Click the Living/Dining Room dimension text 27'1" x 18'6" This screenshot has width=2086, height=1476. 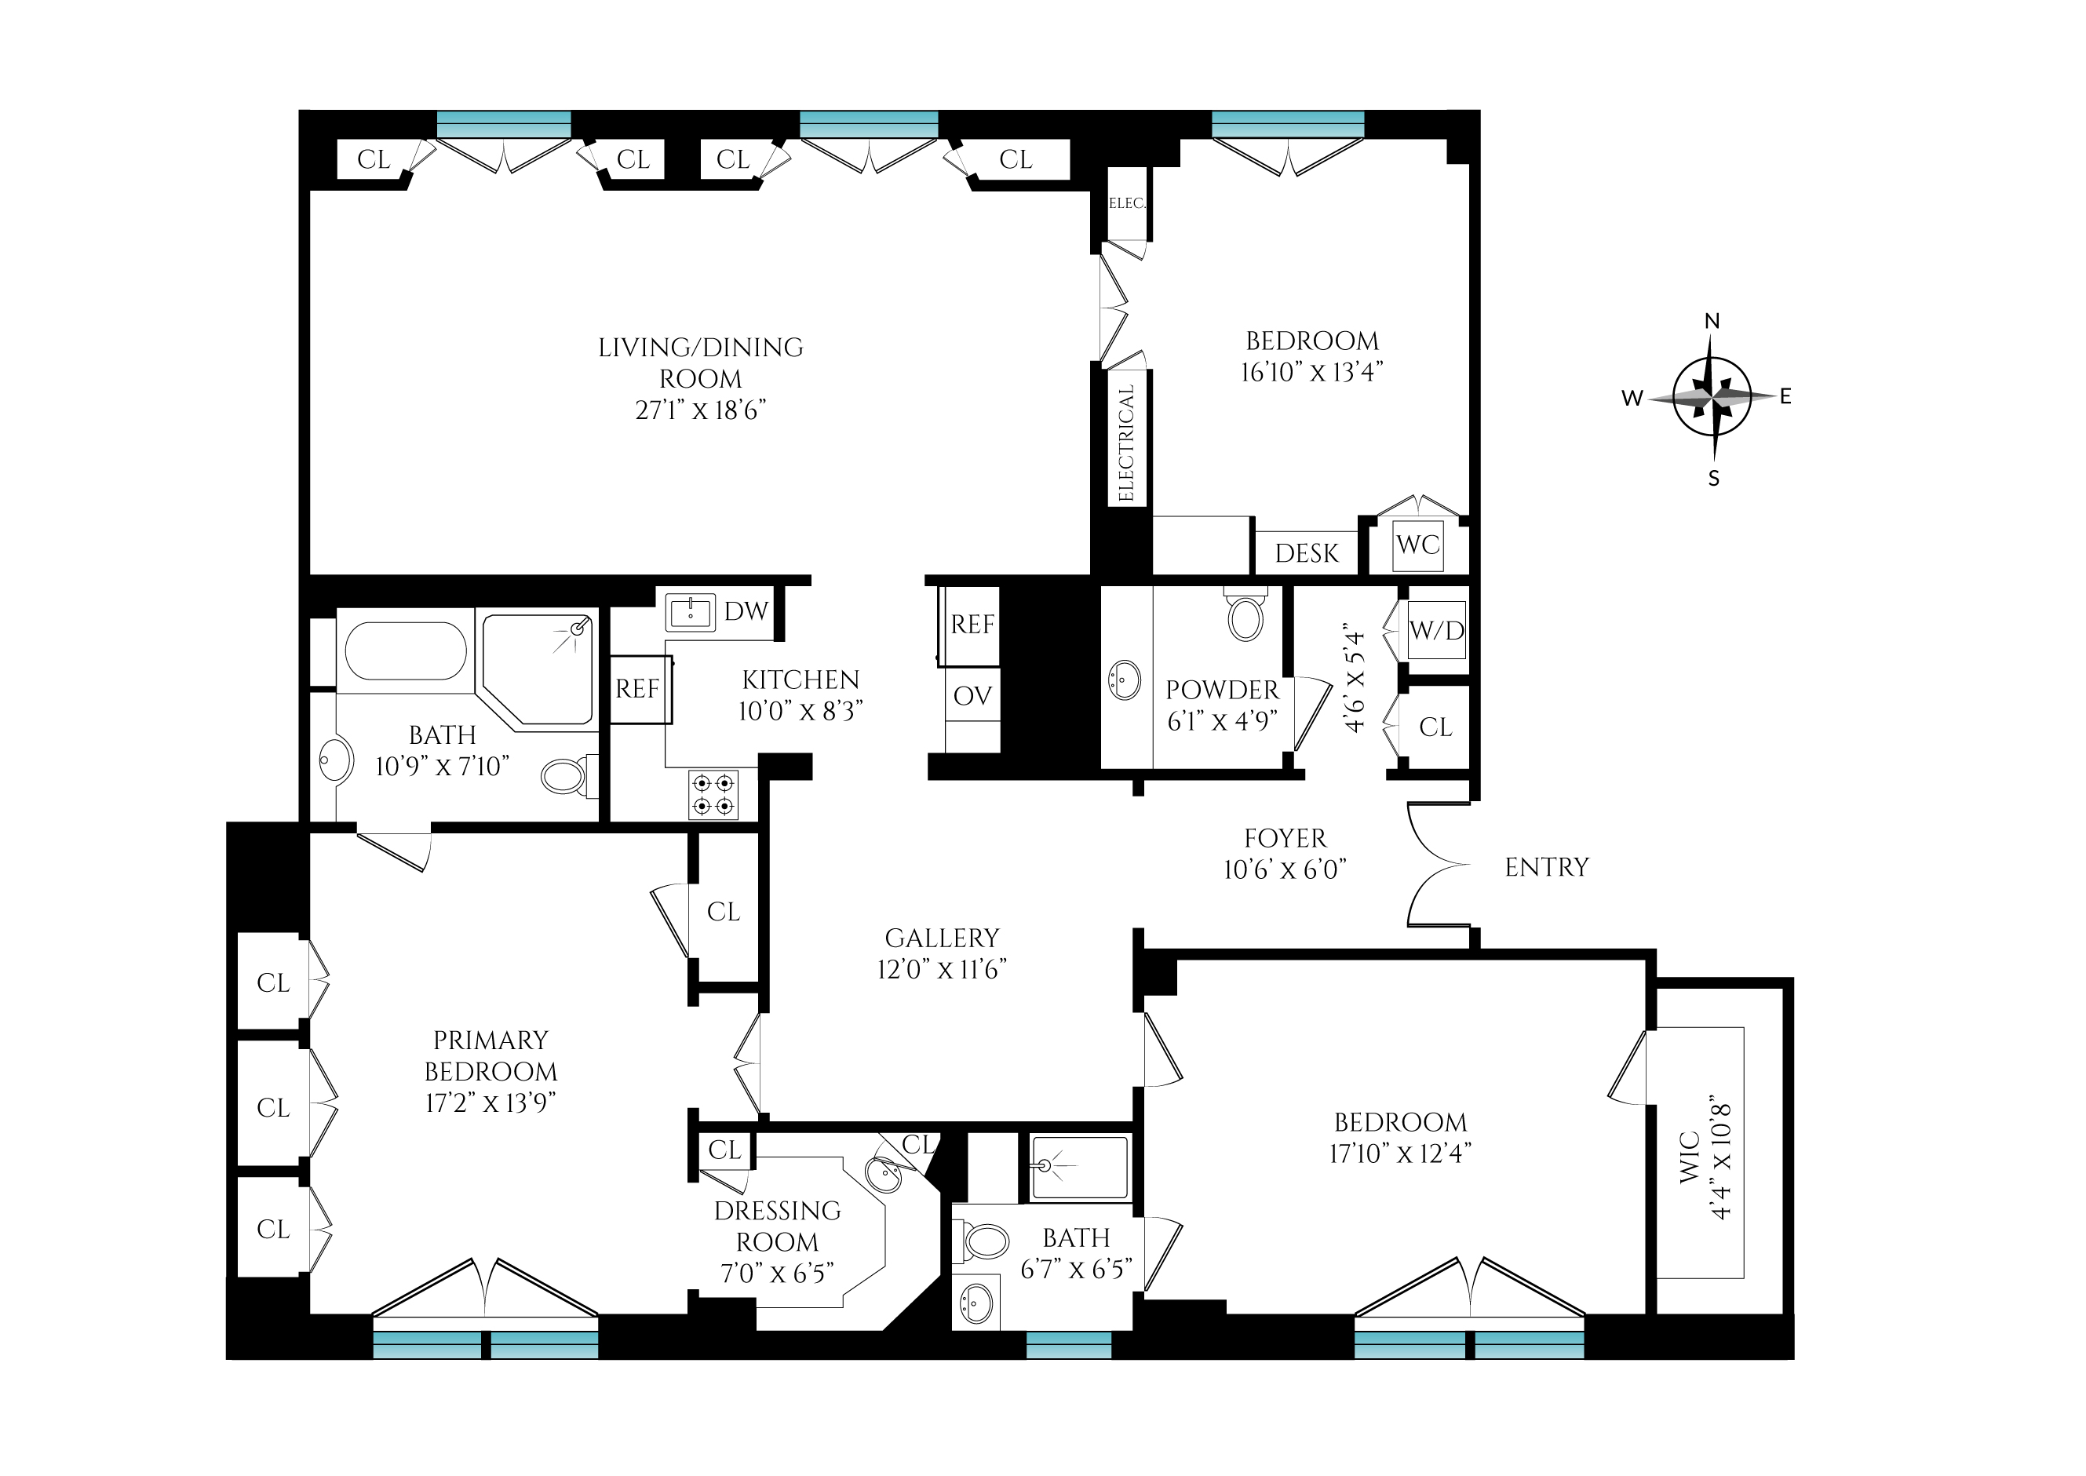tap(700, 411)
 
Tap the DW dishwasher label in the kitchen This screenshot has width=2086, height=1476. tap(746, 612)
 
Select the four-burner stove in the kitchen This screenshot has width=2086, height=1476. tap(713, 793)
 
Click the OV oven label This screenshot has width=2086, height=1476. tap(972, 696)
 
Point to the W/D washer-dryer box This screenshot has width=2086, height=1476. tap(1437, 630)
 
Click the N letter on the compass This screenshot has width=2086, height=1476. tap(1712, 321)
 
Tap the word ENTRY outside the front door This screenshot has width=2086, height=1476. tap(1547, 868)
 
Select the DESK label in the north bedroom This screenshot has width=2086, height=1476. tap(1307, 553)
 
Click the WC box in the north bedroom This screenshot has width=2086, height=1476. tap(1418, 545)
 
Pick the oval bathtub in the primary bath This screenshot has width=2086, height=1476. tap(407, 651)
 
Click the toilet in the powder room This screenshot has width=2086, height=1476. tap(1245, 614)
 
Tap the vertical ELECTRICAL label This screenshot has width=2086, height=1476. tap(1127, 443)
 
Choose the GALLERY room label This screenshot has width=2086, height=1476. tap(943, 938)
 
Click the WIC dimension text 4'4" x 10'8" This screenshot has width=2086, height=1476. tap(1720, 1161)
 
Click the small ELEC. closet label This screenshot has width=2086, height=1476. tap(1127, 203)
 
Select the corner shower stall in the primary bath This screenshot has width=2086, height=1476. tap(538, 670)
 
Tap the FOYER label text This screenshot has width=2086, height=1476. tap(1286, 838)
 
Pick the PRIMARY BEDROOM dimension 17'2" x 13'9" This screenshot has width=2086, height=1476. tap(491, 1103)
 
